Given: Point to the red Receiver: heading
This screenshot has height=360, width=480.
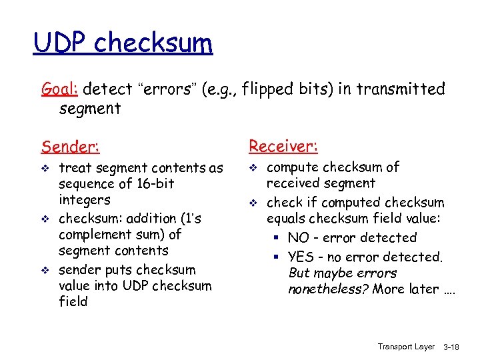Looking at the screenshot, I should point(283,145).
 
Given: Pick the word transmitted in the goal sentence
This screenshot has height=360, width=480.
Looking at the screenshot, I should point(403,89).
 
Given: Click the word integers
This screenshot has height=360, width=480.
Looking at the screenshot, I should point(85,199).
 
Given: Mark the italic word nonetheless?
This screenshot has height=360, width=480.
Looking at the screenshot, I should point(329,289).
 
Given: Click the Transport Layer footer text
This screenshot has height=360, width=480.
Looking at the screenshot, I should point(405,347).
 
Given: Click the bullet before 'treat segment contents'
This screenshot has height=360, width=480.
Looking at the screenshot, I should point(45,169).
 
